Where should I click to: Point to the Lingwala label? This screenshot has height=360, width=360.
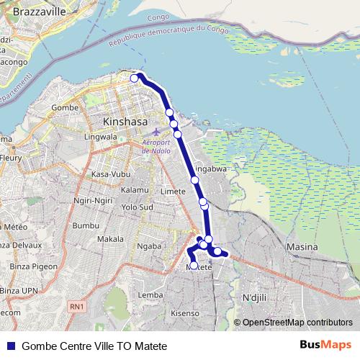point(102,135)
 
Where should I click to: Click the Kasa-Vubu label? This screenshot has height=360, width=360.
point(110,175)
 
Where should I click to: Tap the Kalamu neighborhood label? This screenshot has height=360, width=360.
point(135,189)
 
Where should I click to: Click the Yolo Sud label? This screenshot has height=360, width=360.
point(138,207)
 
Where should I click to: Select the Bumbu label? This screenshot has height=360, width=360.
point(85,225)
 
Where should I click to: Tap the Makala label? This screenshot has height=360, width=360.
point(110,238)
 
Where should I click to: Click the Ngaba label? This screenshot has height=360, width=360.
point(149,246)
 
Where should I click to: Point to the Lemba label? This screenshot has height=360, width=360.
point(150,295)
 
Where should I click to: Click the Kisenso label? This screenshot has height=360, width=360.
point(184,314)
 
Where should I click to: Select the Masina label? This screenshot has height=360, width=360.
point(302,247)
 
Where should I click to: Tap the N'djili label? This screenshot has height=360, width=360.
point(254,297)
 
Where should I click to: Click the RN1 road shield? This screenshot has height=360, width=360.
point(78,307)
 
